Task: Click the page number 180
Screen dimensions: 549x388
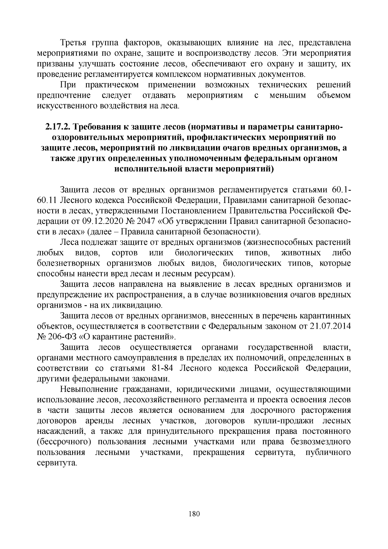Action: (x=194, y=514)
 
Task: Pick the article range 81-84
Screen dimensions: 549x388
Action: (x=162, y=368)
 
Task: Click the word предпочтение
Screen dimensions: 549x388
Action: (x=64, y=95)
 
